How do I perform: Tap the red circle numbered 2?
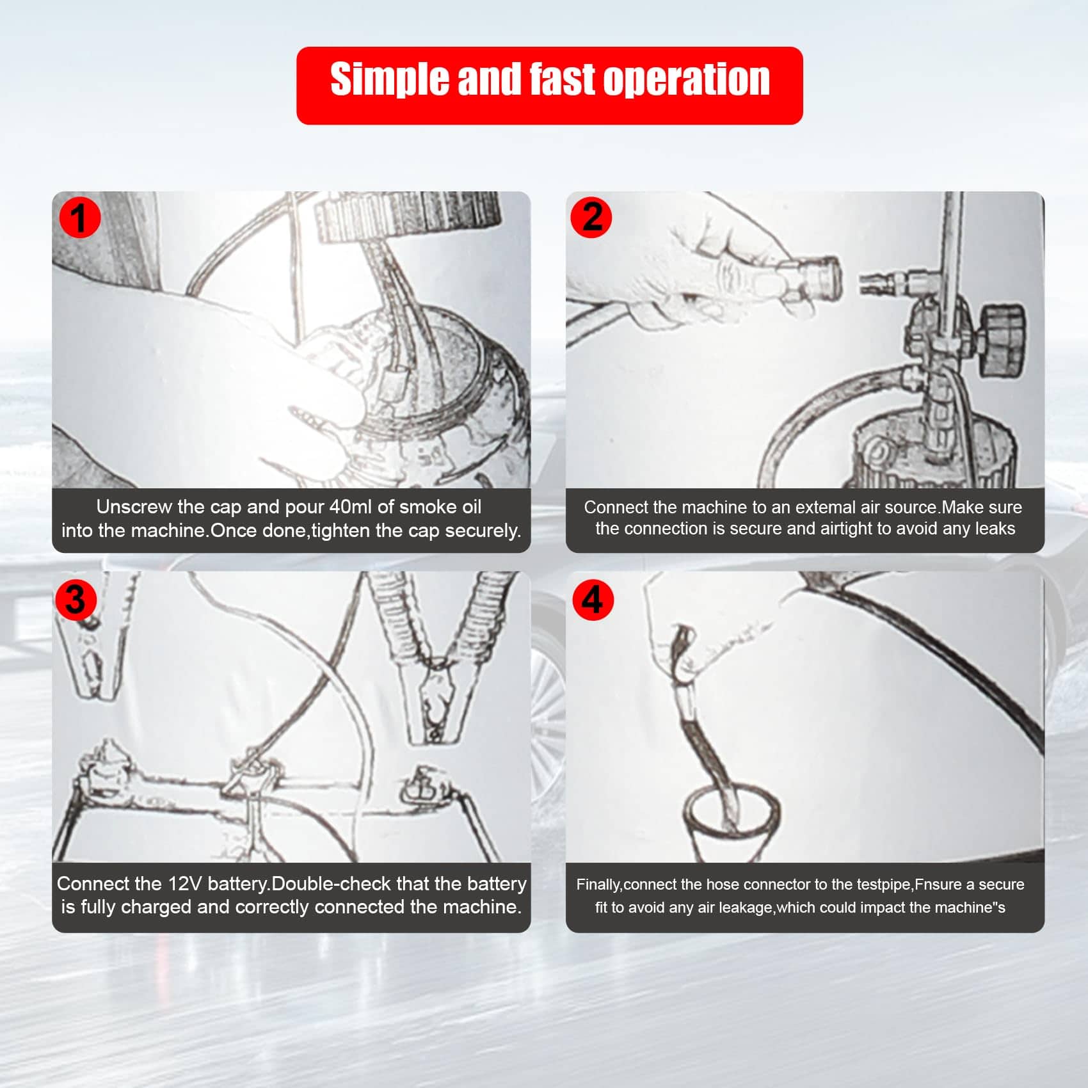pyautogui.click(x=591, y=217)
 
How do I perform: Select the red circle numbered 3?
pyautogui.click(x=76, y=600)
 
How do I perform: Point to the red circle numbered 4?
pyautogui.click(x=593, y=600)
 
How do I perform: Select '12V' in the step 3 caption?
pyautogui.click(x=185, y=883)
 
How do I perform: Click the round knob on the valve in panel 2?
pyautogui.click(x=1002, y=339)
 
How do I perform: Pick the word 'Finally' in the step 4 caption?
pyautogui.click(x=598, y=884)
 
